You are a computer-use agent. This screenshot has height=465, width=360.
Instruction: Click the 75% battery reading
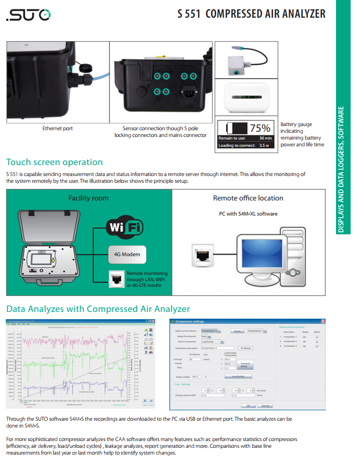tap(259, 128)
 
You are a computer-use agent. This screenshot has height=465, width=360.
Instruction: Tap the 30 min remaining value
tap(266, 138)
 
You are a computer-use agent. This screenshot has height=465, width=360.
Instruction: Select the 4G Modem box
tap(127, 255)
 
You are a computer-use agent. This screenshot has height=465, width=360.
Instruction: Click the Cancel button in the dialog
tap(265, 406)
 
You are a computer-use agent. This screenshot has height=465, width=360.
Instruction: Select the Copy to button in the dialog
tap(237, 331)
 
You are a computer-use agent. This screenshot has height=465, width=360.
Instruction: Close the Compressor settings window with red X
tap(322, 322)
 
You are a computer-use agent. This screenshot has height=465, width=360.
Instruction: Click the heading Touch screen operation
tap(54, 162)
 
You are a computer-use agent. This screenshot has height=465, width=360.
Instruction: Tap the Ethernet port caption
tap(57, 128)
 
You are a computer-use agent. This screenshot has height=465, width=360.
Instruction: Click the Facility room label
tap(89, 198)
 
